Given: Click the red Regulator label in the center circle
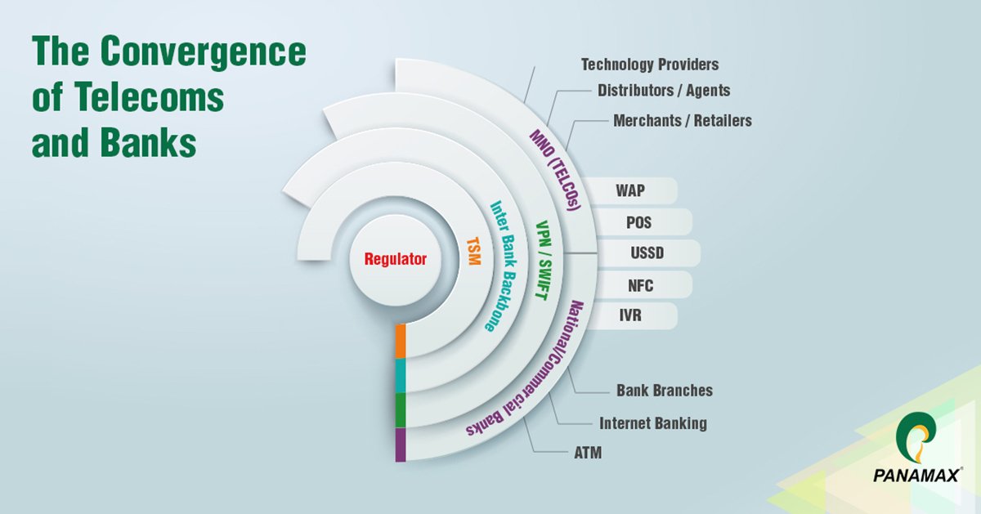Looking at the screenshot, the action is [x=396, y=260].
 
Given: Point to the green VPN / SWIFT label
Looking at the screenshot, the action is [x=540, y=260].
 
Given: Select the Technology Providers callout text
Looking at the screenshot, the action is [x=649, y=64].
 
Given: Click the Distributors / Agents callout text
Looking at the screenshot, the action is [x=663, y=90].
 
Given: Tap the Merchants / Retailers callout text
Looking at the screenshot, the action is [x=682, y=120].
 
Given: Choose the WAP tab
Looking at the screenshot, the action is [x=629, y=191].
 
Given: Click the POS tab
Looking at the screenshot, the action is [x=638, y=222].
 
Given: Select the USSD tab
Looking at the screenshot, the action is [x=646, y=253].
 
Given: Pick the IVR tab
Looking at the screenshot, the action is [x=629, y=316].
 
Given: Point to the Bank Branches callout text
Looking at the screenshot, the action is [x=664, y=391].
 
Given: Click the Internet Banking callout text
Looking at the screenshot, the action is [x=652, y=423].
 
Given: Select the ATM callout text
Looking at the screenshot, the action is [x=588, y=451].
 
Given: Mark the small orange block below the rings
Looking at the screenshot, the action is [x=400, y=341].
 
